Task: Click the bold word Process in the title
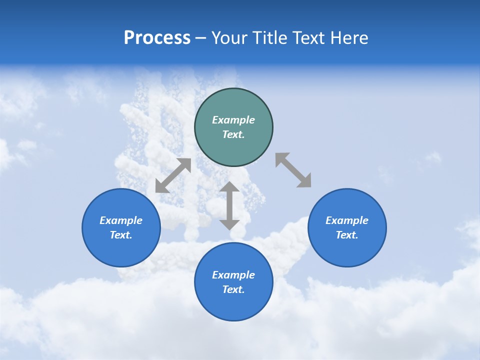click(157, 38)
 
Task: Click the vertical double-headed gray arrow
click(229, 205)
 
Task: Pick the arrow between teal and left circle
click(173, 175)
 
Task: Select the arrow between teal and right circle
click(293, 170)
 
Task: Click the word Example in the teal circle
click(233, 120)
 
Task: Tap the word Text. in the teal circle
click(233, 134)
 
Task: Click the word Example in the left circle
click(121, 220)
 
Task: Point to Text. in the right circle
click(347, 235)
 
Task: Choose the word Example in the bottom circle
click(233, 275)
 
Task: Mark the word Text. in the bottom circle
click(233, 289)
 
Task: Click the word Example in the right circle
click(347, 220)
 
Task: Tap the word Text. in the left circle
click(121, 235)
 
